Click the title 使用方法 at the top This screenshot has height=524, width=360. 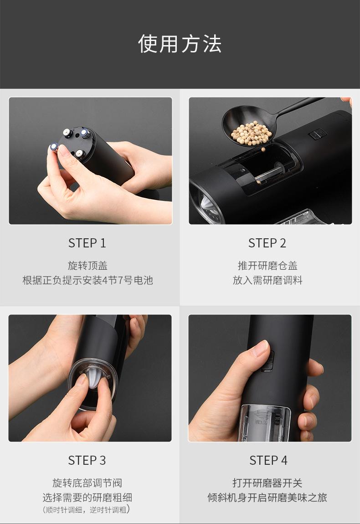180,44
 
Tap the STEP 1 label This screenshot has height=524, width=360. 87,243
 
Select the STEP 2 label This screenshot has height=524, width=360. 267,243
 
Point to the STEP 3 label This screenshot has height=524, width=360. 87,460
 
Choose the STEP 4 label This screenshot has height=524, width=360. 268,460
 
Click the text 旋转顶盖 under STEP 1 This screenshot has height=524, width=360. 87,265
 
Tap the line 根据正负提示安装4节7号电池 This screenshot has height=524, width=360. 87,280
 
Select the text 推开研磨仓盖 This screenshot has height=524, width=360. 267,265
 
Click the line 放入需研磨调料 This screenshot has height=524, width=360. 267,280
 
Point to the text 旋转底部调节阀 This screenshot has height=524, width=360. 87,483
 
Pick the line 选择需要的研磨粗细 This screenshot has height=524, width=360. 87,497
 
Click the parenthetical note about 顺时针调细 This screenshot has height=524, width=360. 87,509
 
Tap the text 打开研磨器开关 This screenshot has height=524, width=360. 267,483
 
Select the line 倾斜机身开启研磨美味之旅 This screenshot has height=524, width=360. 267,497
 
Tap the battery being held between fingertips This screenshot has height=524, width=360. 54,147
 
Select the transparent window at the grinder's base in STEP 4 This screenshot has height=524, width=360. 266,422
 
